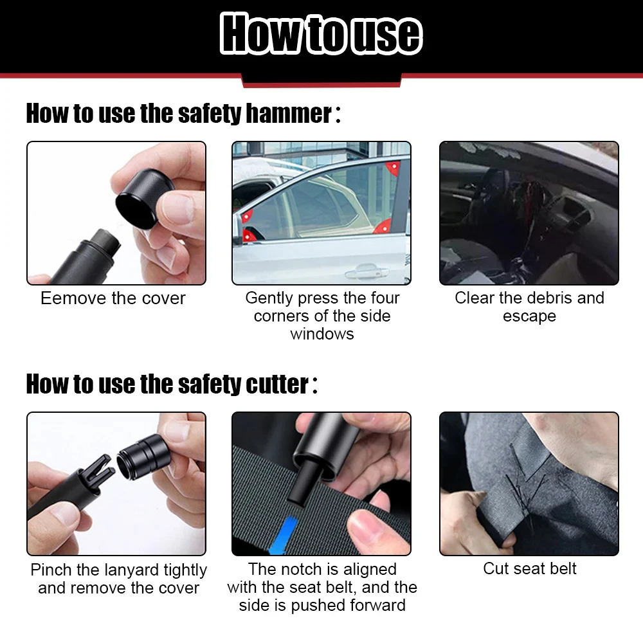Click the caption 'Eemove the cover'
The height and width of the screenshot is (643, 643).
pyautogui.click(x=113, y=298)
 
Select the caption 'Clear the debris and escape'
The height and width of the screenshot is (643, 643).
pyautogui.click(x=529, y=307)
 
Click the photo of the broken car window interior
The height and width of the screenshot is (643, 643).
pyautogui.click(x=529, y=213)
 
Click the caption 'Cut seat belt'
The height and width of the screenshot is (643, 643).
pyautogui.click(x=529, y=569)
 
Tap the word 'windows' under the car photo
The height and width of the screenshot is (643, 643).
pyautogui.click(x=321, y=334)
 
